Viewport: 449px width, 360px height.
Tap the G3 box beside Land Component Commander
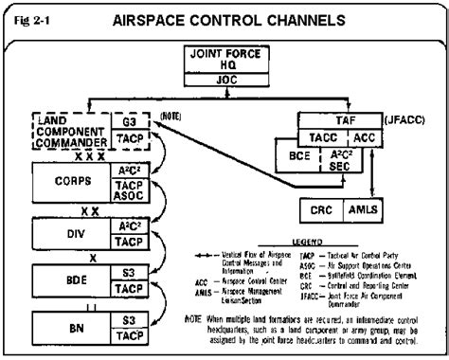tap(132, 122)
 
